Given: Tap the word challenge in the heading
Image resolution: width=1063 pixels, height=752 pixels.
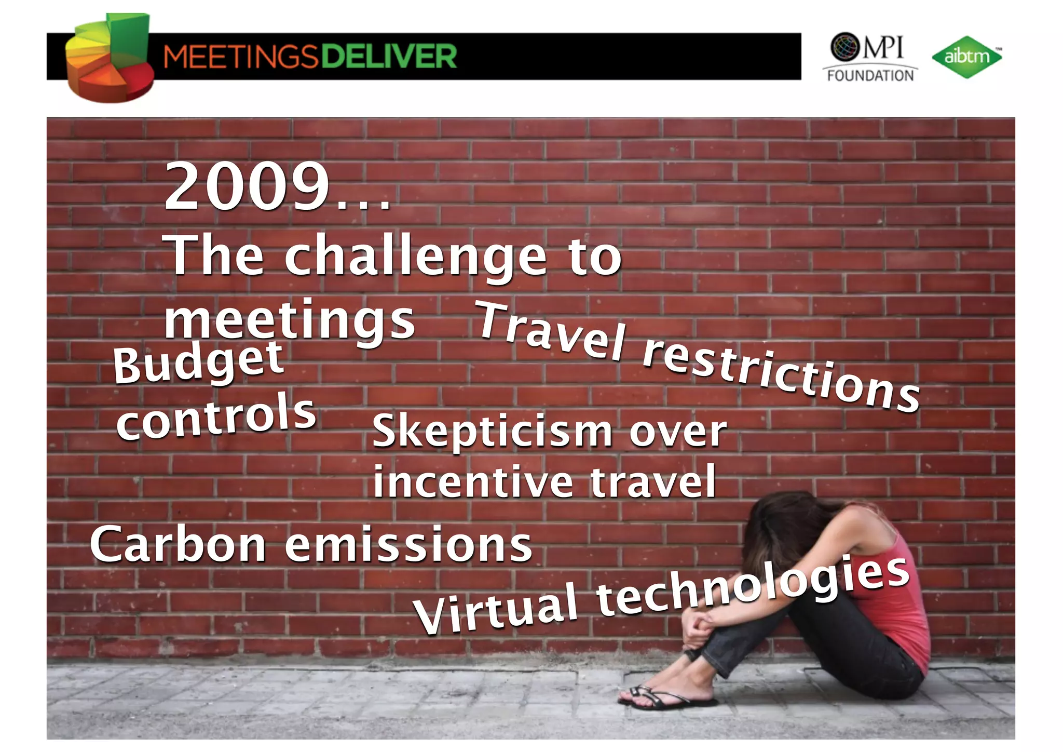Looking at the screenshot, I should point(415,256).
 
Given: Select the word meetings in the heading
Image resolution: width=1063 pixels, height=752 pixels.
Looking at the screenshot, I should point(290,319).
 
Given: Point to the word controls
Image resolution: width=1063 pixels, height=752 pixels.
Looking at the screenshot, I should point(216,417).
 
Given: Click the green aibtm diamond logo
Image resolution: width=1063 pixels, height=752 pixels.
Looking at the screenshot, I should point(966,57).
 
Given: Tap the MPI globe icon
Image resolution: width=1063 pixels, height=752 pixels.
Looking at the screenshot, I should point(845,47).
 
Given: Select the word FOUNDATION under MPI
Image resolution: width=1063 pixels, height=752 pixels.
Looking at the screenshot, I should point(870,76).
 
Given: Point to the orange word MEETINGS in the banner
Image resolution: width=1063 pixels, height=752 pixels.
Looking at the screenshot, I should point(240,56).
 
